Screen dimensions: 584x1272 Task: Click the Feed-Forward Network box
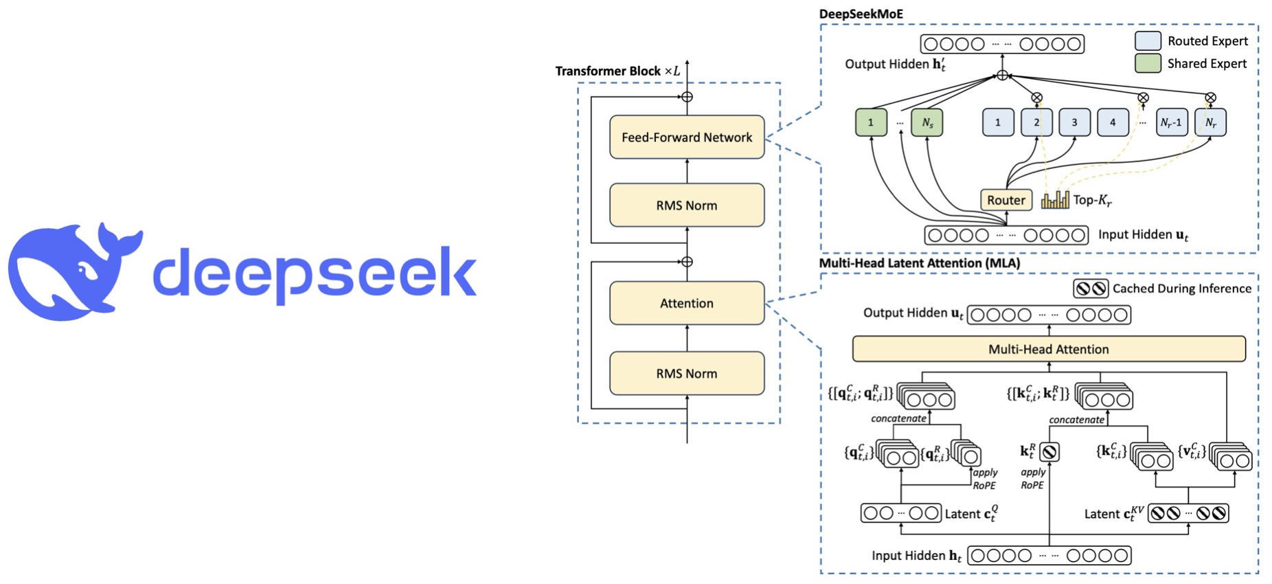pos(687,137)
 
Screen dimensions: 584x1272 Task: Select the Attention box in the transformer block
pos(687,303)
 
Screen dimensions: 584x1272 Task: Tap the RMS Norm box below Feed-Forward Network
pos(687,205)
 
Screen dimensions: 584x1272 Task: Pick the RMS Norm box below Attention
pos(687,373)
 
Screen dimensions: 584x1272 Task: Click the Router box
pos(1006,200)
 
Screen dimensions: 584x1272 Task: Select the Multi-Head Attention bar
pos(1048,349)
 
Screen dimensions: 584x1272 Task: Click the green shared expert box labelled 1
pos(871,122)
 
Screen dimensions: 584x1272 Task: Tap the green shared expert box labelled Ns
pos(927,122)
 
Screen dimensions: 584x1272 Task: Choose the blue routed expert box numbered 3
pos(1074,122)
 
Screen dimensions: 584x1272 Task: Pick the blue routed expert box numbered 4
pos(1113,122)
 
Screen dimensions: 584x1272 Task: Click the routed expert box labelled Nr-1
pos(1171,122)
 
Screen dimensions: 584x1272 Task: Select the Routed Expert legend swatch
pos(1148,41)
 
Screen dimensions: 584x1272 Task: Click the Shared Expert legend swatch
pos(1148,63)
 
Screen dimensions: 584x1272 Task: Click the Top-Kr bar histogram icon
pos(1055,200)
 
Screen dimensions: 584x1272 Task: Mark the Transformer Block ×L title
pos(617,71)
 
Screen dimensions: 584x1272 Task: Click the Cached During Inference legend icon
pos(1091,289)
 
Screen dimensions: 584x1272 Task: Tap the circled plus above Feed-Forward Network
pos(687,97)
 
